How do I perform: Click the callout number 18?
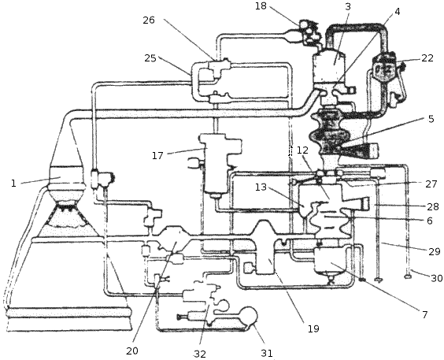click(x=261, y=6)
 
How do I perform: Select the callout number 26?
click(x=149, y=20)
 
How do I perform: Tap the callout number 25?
click(x=150, y=58)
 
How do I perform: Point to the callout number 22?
click(x=427, y=58)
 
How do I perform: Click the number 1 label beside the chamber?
click(x=13, y=184)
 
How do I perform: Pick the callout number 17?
click(x=157, y=155)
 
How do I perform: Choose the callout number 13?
click(x=261, y=187)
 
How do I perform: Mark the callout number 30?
click(x=437, y=278)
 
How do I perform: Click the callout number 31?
click(x=267, y=353)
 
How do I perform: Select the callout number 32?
click(x=200, y=354)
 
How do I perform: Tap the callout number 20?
click(x=132, y=351)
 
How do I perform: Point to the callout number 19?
click(x=313, y=328)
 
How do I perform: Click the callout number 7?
click(x=424, y=314)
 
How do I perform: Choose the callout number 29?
click(x=435, y=251)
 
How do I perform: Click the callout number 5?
click(x=431, y=119)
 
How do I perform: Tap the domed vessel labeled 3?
click(x=329, y=65)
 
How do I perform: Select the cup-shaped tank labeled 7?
click(x=330, y=260)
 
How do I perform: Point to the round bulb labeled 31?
click(x=250, y=314)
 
